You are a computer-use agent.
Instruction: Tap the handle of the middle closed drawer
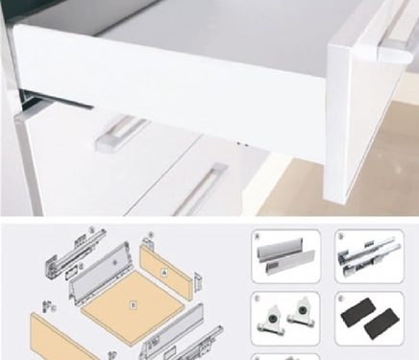click(121, 132)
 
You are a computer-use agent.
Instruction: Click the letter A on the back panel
click(163, 272)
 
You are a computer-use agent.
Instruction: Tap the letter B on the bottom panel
click(133, 307)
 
